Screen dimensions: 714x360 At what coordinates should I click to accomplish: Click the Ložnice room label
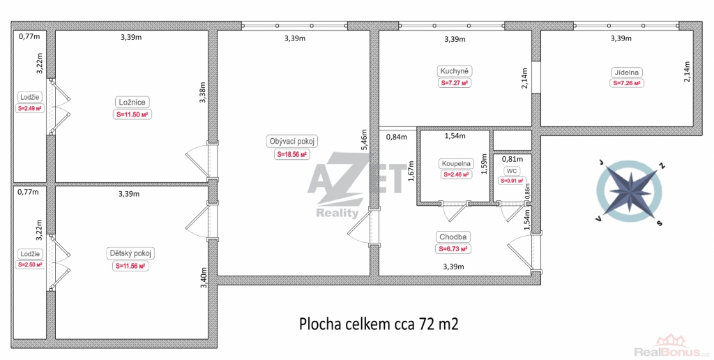[132, 103]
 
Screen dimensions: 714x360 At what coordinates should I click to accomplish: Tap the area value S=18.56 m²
[292, 154]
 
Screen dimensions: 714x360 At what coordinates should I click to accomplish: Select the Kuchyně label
[455, 71]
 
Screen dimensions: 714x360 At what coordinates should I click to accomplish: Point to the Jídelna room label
[627, 72]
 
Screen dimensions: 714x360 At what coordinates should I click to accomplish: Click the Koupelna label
[456, 163]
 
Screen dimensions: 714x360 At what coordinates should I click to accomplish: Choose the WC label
[512, 171]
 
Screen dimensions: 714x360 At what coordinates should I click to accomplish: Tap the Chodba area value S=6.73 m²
[453, 249]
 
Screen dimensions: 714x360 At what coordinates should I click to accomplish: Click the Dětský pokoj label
[130, 253]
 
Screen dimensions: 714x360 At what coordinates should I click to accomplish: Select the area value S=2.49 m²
[30, 108]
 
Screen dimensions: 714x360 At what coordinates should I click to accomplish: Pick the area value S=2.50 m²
[30, 264]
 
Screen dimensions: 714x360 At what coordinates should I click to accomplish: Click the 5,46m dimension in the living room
[364, 139]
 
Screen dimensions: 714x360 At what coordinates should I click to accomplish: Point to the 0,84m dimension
[397, 137]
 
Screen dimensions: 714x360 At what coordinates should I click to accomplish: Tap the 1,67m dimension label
[411, 172]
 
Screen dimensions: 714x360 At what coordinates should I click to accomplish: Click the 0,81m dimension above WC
[512, 159]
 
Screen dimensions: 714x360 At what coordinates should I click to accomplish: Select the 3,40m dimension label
[204, 278]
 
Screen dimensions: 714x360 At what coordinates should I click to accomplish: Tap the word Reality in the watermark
[337, 213]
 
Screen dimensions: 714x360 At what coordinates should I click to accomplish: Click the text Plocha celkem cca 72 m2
[379, 324]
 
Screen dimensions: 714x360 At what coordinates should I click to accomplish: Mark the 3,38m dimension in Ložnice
[203, 93]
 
